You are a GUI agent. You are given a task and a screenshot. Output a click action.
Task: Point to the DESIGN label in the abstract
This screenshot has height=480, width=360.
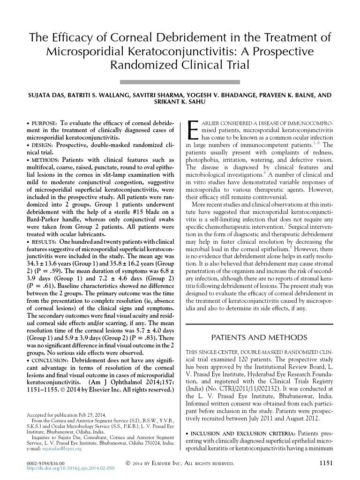point(41,145)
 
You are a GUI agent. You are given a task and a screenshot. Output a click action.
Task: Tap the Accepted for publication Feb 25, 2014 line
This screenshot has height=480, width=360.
point(67,414)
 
